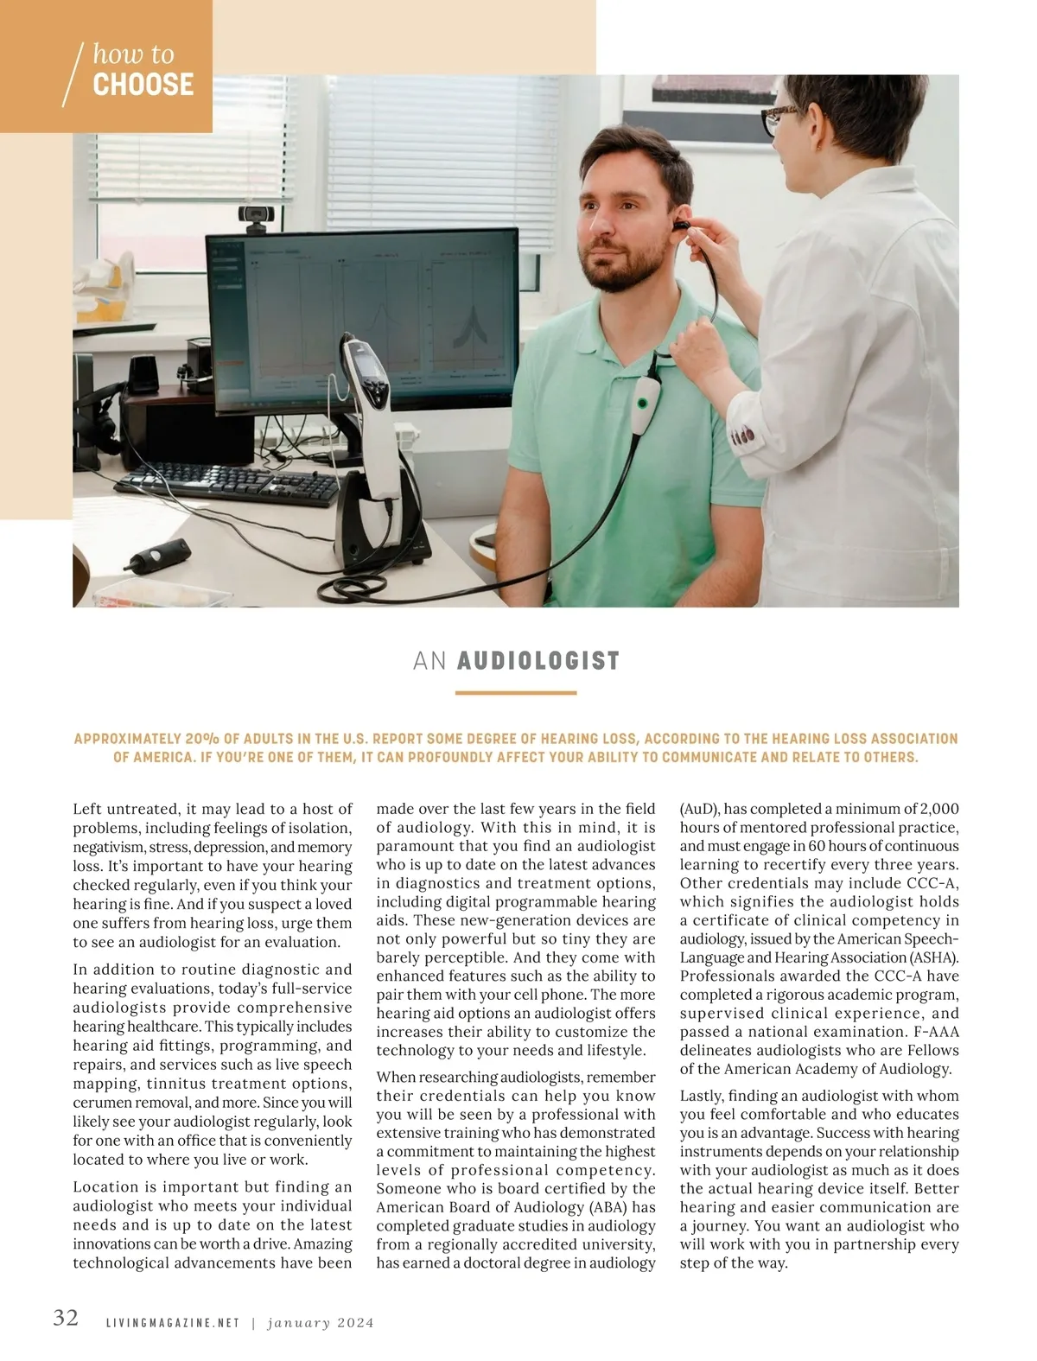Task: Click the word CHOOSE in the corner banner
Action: pos(143,85)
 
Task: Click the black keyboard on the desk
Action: pos(227,488)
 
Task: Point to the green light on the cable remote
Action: pos(642,403)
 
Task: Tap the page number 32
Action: pos(66,1318)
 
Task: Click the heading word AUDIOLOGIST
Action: pos(538,661)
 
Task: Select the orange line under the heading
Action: pos(515,693)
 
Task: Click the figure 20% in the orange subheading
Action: pos(201,740)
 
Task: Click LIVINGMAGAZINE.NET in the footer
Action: pos(172,1323)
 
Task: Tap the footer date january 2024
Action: pos(320,1323)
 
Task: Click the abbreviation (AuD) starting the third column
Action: pos(698,809)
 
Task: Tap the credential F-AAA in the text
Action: pos(936,1032)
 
